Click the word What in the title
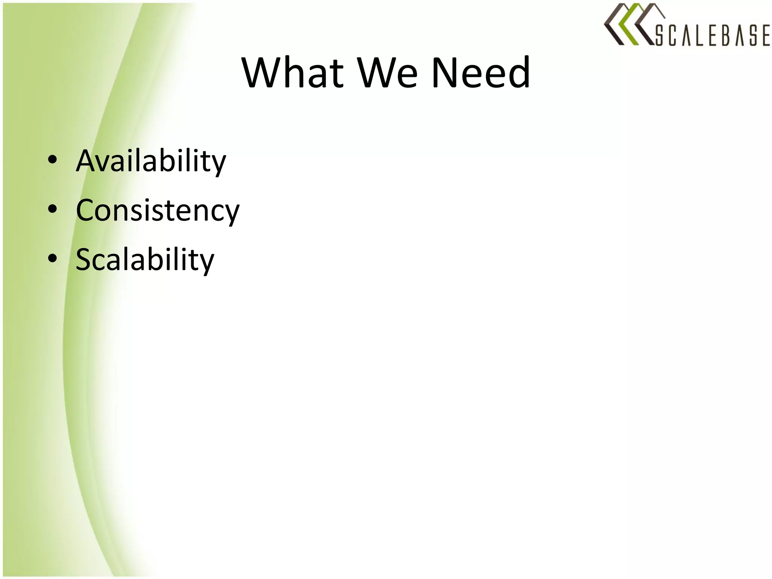pos(293,72)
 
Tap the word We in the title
pos(388,72)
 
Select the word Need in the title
pos(481,72)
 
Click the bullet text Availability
pos(151,161)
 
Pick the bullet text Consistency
pos(158,210)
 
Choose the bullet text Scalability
pos(145,260)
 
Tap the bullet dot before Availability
pos(53,160)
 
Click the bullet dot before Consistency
pos(53,209)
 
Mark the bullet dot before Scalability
pos(53,258)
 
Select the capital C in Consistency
pos(86,210)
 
